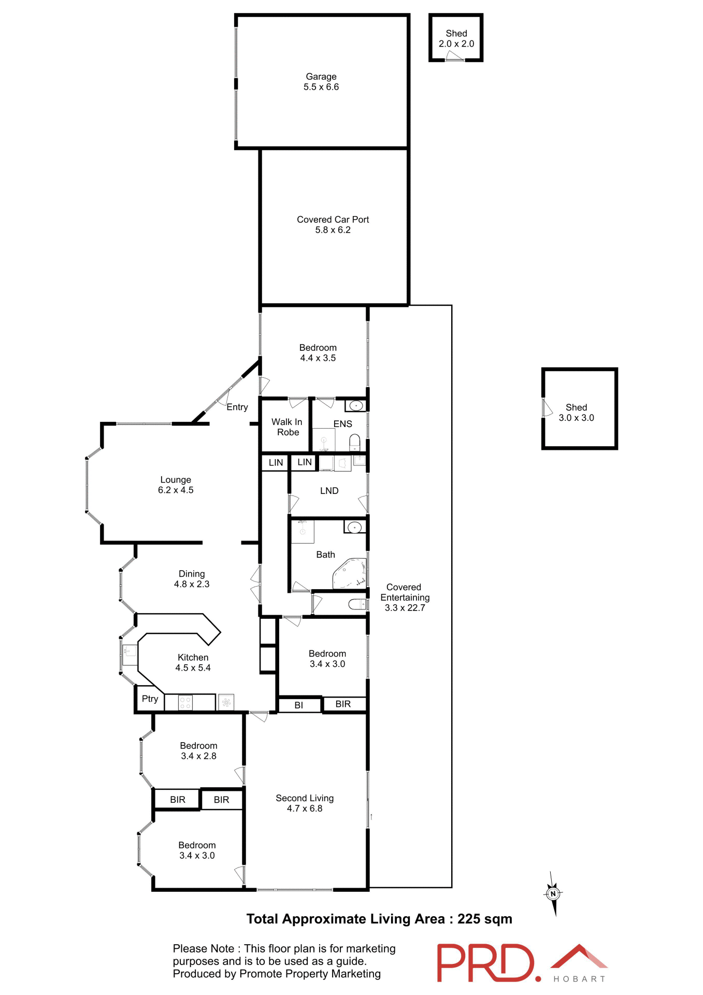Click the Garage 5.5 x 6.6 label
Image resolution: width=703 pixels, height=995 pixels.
[x=321, y=82]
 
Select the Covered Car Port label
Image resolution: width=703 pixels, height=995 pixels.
[x=333, y=219]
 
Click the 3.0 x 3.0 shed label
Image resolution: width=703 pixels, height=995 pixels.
[x=576, y=413]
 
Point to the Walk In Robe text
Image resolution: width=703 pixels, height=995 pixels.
[x=287, y=427]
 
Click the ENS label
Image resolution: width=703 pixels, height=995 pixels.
[x=342, y=424]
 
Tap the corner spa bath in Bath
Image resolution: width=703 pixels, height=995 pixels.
[x=350, y=574]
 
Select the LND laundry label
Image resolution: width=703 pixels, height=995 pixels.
[x=329, y=491]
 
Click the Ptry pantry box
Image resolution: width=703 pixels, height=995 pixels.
[x=150, y=699]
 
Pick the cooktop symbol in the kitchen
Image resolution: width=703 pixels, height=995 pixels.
[x=185, y=703]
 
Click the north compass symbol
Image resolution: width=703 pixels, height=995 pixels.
[x=553, y=893]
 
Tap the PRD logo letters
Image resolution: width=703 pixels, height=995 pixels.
[x=485, y=962]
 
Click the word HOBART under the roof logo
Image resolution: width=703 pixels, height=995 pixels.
[x=579, y=979]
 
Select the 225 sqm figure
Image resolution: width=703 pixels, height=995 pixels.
[x=484, y=919]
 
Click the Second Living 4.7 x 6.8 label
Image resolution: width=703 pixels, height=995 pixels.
[x=305, y=803]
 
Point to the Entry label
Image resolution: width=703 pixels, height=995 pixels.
[x=237, y=407]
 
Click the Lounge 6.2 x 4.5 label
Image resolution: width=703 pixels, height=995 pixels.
[x=176, y=485]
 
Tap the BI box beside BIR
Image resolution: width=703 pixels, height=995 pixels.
[x=299, y=705]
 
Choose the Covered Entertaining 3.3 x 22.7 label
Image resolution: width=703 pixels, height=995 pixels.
[x=405, y=598]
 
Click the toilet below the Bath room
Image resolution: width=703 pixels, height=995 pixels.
[x=357, y=604]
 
